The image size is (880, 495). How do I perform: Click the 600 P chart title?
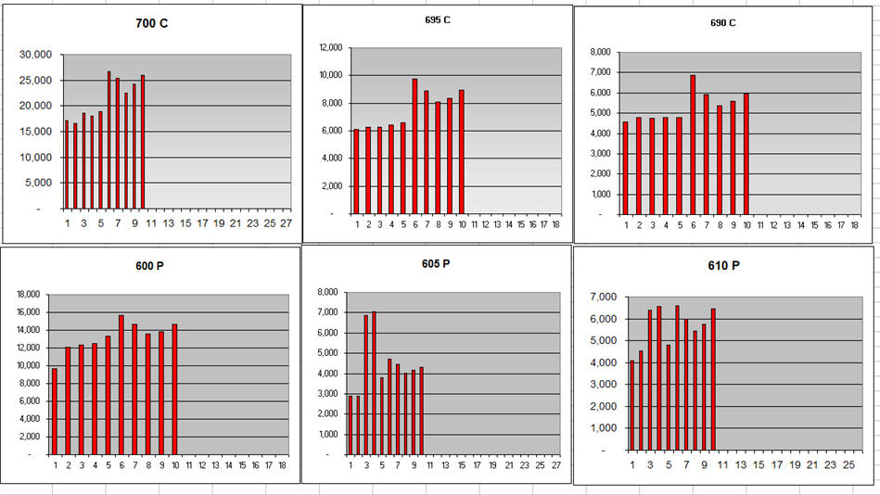[148, 266]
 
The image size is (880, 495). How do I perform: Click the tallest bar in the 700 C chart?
[108, 139]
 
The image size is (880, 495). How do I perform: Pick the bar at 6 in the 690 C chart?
[693, 145]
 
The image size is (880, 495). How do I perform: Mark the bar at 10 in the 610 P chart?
[713, 379]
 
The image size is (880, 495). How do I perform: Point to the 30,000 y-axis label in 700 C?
[37, 55]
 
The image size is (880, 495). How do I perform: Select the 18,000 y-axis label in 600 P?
[30, 294]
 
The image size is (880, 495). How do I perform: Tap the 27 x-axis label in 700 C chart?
[286, 223]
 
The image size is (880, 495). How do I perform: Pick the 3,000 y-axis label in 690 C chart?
[602, 154]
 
